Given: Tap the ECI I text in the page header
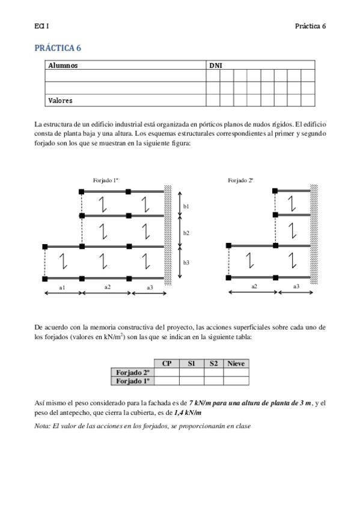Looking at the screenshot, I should tap(41, 26).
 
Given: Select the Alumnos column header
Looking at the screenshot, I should tap(63, 65).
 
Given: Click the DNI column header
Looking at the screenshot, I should tap(215, 65).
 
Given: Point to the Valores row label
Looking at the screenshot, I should tap(60, 100).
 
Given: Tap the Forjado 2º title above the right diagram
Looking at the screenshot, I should tap(240, 180).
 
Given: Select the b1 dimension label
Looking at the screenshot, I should tap(186, 206).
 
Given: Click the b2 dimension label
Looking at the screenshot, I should tap(186, 233).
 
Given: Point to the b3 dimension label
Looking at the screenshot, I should tap(186, 263).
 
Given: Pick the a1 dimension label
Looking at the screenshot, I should tap(62, 288).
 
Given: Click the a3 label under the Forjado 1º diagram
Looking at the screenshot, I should tap(149, 288).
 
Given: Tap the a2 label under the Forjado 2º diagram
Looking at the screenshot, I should tap(254, 287).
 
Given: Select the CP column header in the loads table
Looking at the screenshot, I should tap(166, 364).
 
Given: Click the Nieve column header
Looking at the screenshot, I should tap(236, 364).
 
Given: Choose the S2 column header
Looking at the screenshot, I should tap(213, 364).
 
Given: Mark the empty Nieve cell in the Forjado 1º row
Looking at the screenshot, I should tap(236, 381).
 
